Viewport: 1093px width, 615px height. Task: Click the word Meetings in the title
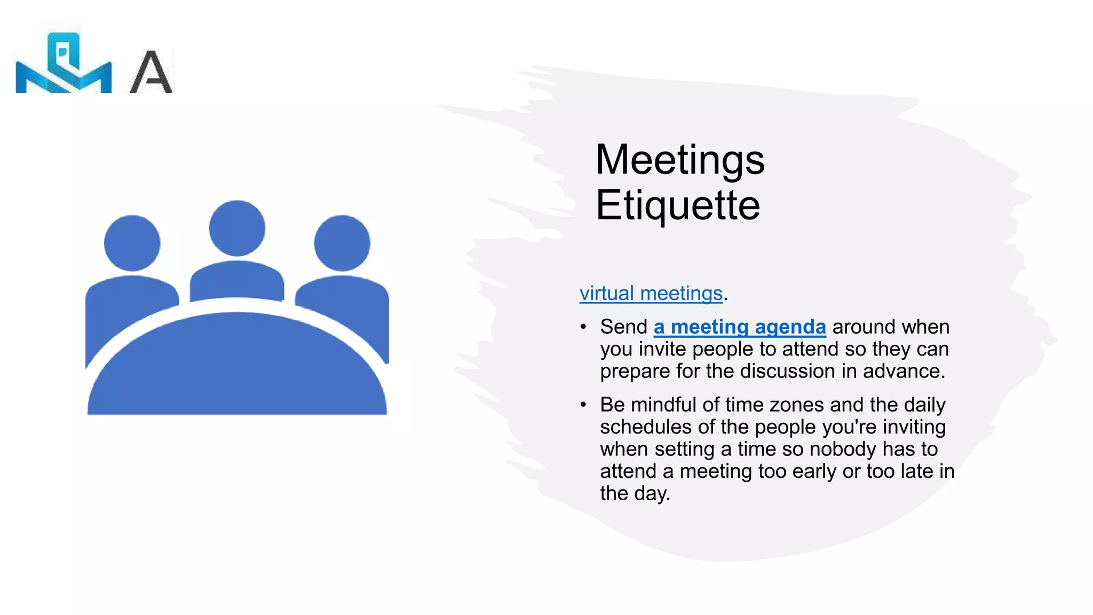coord(679,160)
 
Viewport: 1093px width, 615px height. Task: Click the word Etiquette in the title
coord(677,205)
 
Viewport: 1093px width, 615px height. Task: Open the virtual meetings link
coord(651,293)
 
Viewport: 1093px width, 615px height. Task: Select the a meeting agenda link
coord(740,327)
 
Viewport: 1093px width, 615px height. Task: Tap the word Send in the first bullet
coord(623,327)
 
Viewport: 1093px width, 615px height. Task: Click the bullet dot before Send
coord(583,327)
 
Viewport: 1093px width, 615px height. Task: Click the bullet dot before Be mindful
coord(583,405)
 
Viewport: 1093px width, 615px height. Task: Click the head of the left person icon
coord(132,243)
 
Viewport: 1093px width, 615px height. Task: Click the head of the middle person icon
coord(237,228)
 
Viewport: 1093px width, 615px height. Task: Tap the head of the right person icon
coord(342,243)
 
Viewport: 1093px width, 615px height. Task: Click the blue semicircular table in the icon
coord(237,368)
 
